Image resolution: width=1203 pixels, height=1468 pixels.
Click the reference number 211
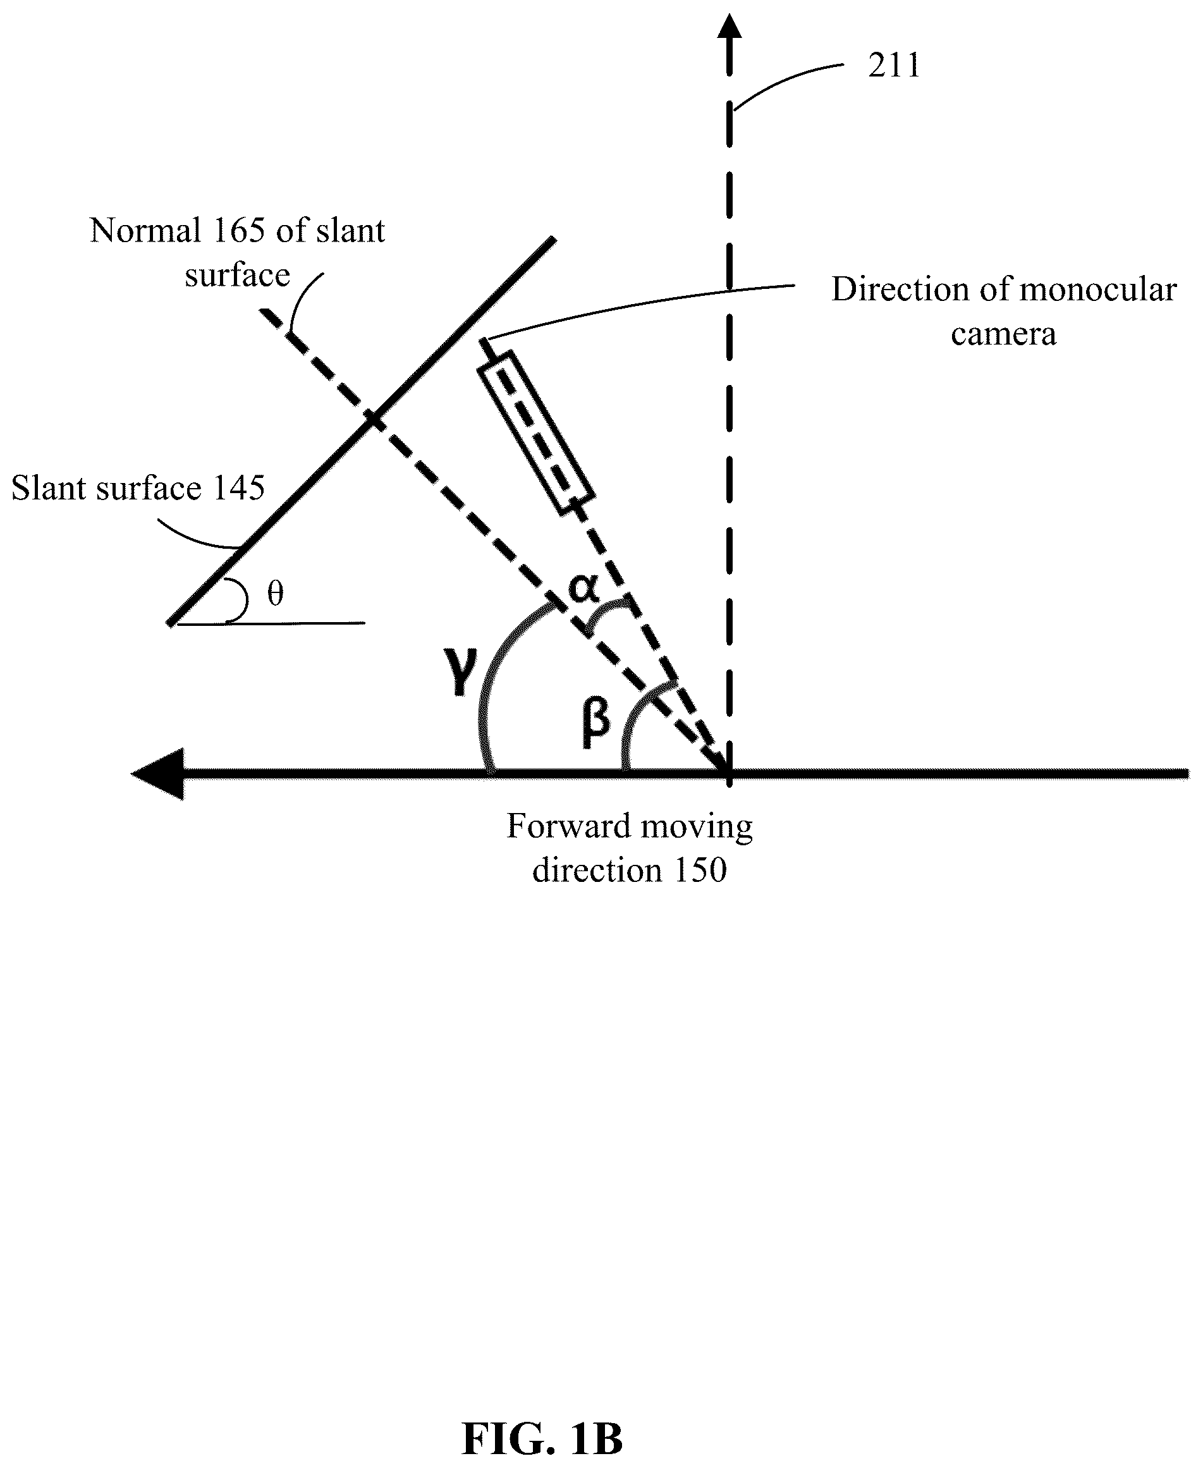click(894, 66)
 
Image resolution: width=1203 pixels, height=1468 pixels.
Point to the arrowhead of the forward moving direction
click(158, 773)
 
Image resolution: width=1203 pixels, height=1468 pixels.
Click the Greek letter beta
click(595, 722)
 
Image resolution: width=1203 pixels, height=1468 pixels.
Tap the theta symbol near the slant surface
click(275, 593)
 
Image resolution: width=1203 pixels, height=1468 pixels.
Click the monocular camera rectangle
click(535, 433)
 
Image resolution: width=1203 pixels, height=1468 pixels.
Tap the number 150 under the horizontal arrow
click(700, 870)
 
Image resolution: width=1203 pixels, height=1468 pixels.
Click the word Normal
click(145, 230)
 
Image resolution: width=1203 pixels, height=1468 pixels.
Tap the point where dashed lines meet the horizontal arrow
click(729, 773)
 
